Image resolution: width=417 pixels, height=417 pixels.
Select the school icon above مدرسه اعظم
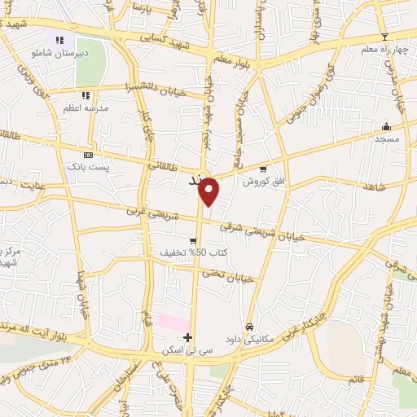click(86, 95)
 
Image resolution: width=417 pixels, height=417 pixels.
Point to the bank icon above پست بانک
click(88, 155)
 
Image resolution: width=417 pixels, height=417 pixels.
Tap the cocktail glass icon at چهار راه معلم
click(384, 37)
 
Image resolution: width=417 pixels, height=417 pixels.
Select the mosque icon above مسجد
click(387, 126)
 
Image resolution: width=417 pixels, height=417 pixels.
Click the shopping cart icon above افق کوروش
click(262, 169)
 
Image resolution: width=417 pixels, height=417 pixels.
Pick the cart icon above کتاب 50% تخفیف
click(193, 240)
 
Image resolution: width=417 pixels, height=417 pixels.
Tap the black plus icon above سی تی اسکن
click(188, 337)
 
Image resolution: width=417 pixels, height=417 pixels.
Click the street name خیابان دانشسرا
click(156, 89)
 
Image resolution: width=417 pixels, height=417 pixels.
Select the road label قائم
click(355, 380)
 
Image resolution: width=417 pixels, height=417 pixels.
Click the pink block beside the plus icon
click(173, 323)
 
